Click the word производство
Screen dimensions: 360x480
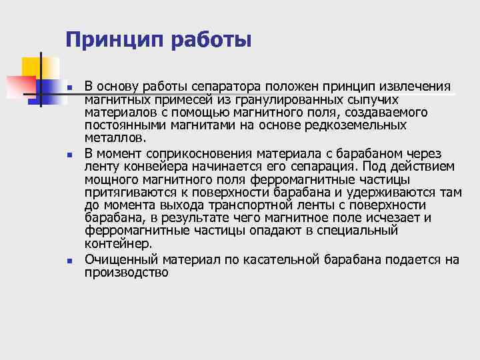click(x=127, y=272)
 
